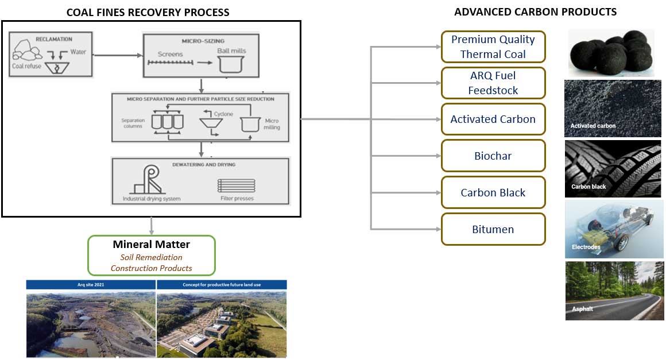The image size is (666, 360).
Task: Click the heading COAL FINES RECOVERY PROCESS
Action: pos(148,12)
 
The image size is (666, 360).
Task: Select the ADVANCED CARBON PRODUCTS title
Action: pos(535,11)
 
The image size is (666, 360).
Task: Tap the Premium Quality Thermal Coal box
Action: pos(493,47)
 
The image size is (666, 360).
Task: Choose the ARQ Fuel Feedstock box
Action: pos(493,83)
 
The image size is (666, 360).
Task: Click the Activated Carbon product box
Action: pos(493,119)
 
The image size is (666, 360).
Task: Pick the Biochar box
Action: pos(493,156)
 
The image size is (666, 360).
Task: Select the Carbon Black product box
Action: pos(493,192)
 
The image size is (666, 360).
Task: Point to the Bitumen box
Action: pos(493,229)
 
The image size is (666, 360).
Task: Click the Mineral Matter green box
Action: pos(151,255)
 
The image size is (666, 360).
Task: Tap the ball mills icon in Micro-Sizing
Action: pos(230,64)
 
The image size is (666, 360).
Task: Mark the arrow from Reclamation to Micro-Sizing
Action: pos(117,55)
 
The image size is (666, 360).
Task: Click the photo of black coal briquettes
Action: pos(611,53)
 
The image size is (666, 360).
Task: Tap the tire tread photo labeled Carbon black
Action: pos(613,168)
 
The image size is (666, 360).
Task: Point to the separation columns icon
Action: pos(166,122)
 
